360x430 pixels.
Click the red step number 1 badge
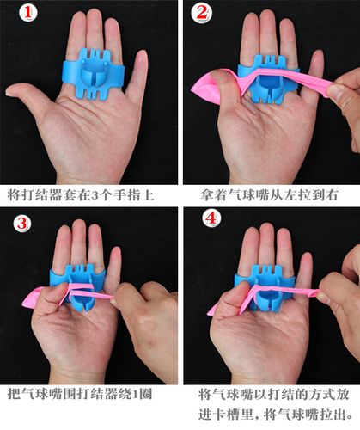(27, 13)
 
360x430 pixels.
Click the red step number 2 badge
(202, 13)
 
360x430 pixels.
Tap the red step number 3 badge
(22, 223)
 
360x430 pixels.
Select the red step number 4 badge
(211, 219)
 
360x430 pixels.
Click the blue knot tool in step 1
(94, 74)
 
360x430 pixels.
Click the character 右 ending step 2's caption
(332, 195)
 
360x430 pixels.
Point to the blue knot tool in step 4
(265, 286)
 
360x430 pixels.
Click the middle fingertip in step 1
(94, 14)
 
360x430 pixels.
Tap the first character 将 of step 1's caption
(13, 195)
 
